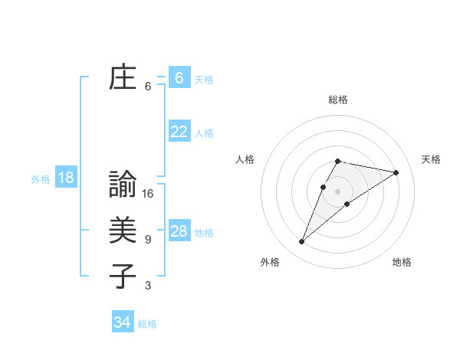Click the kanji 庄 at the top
[123, 78]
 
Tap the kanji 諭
[123, 185]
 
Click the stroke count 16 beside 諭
[148, 194]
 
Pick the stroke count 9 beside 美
[148, 240]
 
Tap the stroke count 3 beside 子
[148, 286]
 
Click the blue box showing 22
[179, 132]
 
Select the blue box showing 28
[179, 231]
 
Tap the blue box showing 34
[122, 322]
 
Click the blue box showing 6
[179, 77]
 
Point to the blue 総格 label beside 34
[147, 324]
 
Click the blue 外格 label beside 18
[41, 179]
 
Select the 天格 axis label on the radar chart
[431, 159]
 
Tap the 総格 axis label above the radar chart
[338, 100]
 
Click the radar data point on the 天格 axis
[396, 172]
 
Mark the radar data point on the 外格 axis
[301, 242]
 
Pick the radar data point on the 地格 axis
[347, 204]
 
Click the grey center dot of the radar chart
[338, 191]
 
